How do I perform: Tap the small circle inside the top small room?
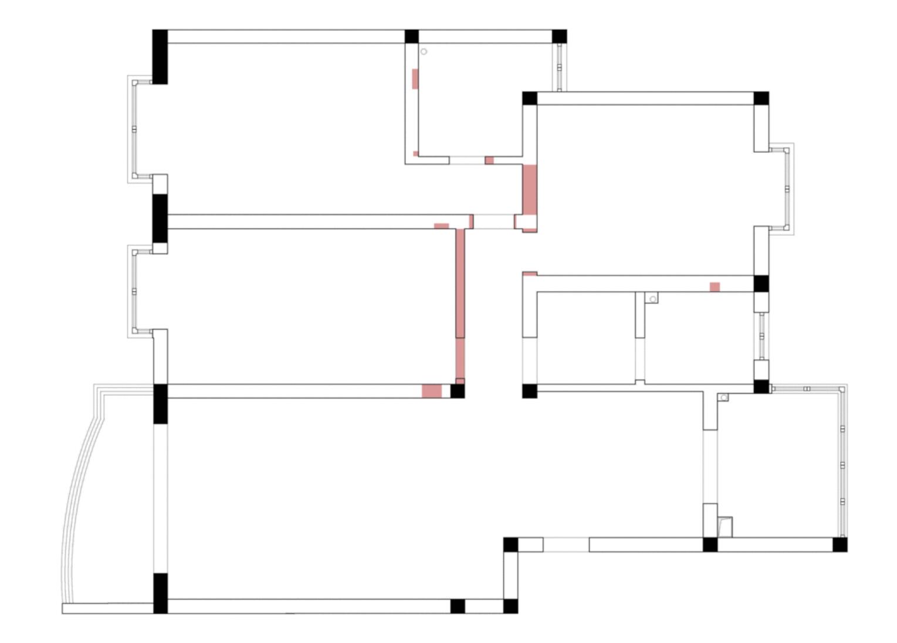pos(424,52)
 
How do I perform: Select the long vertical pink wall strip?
pos(460,305)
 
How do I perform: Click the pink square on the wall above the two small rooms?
pos(715,287)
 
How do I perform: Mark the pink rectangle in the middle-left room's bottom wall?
pos(432,391)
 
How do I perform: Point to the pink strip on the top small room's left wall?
pos(415,79)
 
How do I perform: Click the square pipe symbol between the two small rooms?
pos(652,299)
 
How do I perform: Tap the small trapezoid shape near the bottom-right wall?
pos(725,526)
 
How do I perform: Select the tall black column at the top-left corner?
pos(160,56)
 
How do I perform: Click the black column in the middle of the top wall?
pos(412,36)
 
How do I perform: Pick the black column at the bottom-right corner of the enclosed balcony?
pos(840,544)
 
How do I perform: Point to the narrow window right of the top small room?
pos(559,67)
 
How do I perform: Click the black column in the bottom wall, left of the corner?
pos(458,606)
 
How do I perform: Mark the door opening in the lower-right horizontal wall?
pos(566,544)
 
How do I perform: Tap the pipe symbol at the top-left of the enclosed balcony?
pos(724,397)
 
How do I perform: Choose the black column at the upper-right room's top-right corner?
pos(761,98)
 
